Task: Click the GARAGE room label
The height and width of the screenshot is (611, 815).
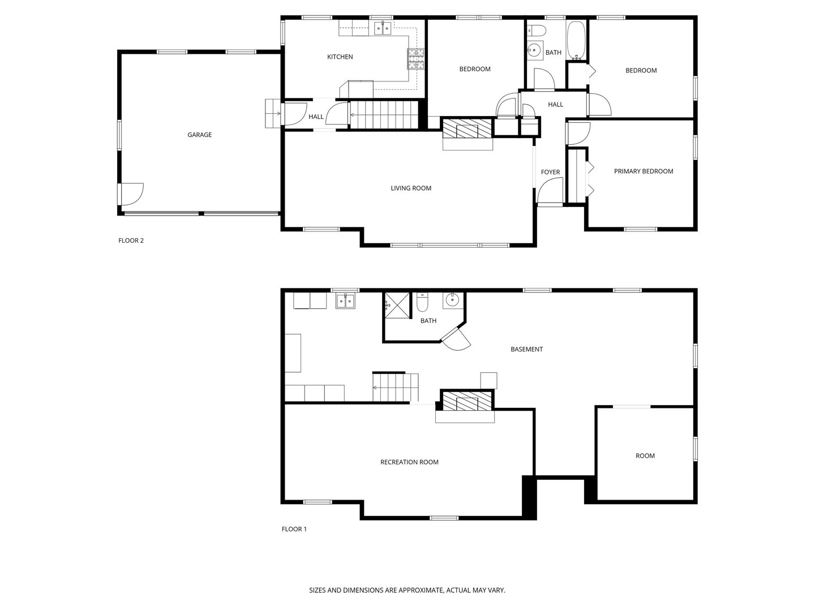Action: pos(199,135)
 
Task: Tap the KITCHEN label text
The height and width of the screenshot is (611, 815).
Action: pos(340,57)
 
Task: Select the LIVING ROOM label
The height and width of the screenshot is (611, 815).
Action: pos(411,188)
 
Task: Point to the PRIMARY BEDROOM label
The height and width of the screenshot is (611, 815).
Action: pos(644,171)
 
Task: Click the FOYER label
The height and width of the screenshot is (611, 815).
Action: pos(550,172)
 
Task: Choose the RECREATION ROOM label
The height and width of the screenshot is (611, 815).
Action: pos(409,462)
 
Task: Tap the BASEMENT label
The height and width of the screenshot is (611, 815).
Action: pos(526,349)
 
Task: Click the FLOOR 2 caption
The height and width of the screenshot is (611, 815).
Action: pos(131,240)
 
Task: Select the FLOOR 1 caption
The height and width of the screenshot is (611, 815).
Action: pos(294,529)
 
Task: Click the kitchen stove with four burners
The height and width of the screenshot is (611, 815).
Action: pos(416,59)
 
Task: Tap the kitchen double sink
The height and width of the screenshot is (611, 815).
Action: pos(382,28)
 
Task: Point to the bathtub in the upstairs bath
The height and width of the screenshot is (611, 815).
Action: pos(576,40)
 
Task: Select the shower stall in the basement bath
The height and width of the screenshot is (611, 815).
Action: pos(397,305)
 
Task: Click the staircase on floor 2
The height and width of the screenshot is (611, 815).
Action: pos(384,115)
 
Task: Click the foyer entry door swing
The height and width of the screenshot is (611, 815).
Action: pos(550,190)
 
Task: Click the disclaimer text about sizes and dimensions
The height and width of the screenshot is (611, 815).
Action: pos(407,590)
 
